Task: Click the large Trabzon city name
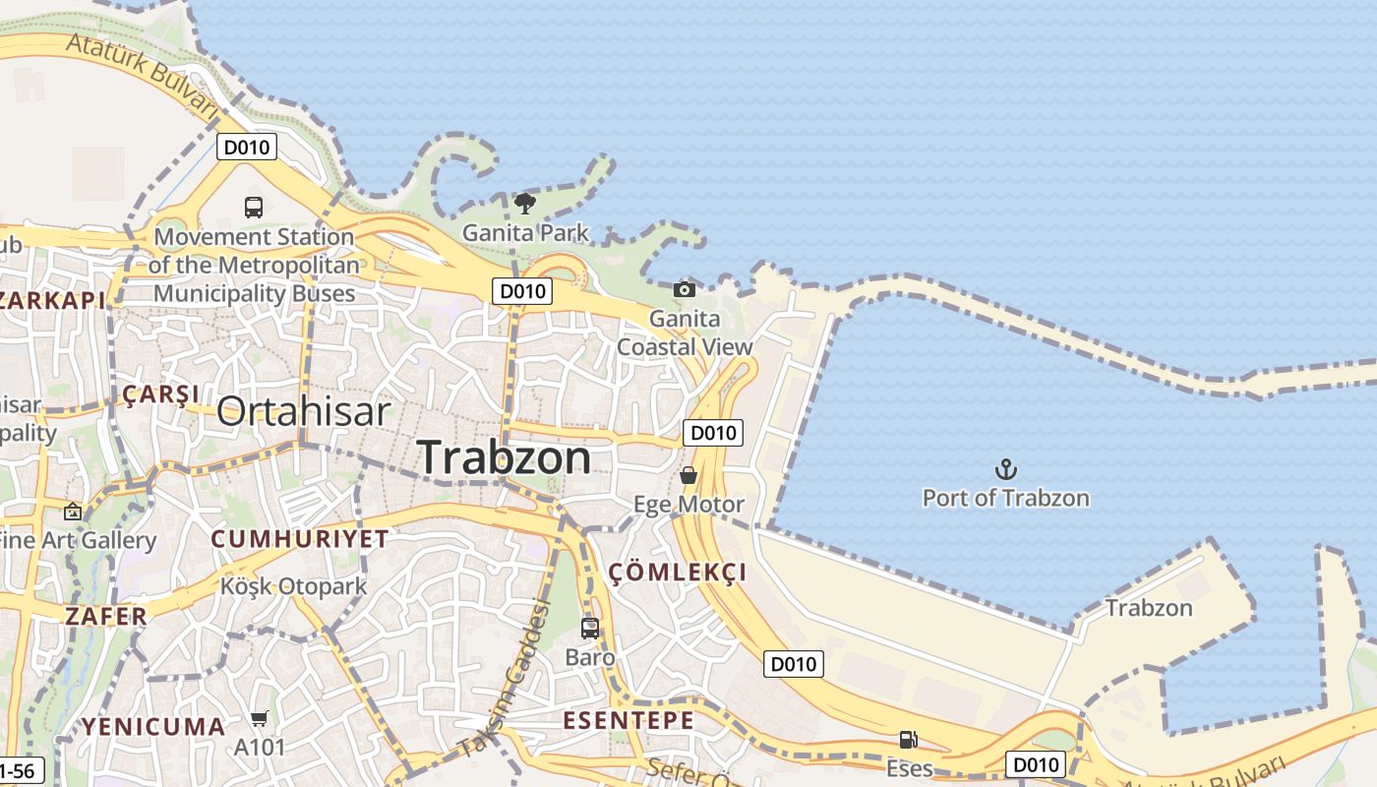point(505,457)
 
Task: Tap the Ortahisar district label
point(303,411)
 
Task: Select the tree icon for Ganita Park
point(525,204)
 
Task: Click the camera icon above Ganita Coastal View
point(685,289)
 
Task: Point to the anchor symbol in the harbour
point(1005,469)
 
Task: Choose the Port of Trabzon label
point(1005,498)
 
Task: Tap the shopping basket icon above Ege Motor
point(688,475)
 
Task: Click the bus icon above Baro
point(590,628)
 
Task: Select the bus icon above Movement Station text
point(254,208)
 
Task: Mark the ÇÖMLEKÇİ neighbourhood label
point(678,573)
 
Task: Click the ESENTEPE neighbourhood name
point(629,720)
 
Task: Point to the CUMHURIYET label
point(300,539)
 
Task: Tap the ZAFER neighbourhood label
point(105,617)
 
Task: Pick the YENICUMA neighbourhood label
point(152,727)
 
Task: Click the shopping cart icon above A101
point(259,719)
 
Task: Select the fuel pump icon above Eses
point(909,740)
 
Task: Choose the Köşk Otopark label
point(293,586)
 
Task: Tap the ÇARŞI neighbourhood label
point(160,395)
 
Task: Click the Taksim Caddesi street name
point(503,679)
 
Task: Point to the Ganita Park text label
point(525,233)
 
